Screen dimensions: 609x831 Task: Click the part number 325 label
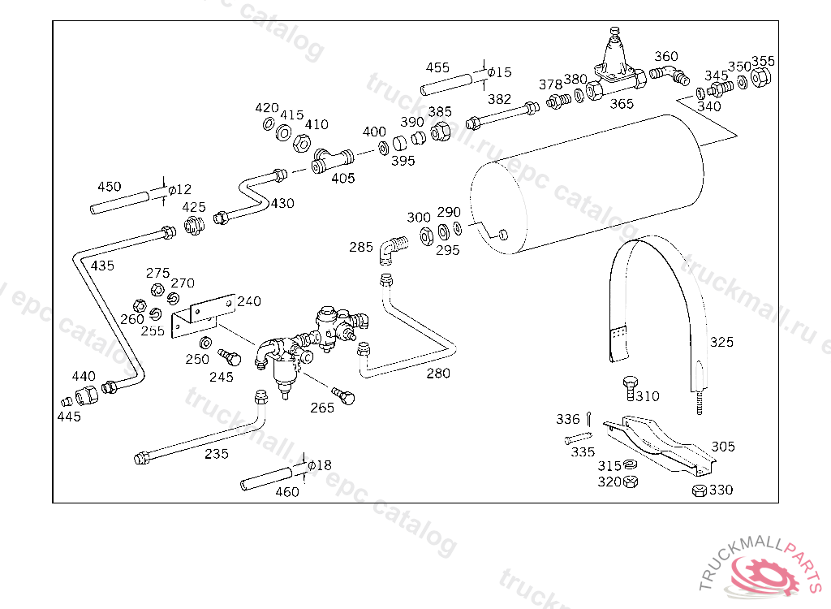(721, 342)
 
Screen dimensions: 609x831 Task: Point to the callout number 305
(723, 447)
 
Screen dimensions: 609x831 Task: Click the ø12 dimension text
(179, 190)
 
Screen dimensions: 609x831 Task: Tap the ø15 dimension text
(499, 72)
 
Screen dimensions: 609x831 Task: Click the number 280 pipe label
(439, 374)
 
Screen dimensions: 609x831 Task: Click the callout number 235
(217, 454)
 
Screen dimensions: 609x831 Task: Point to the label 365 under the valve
(622, 104)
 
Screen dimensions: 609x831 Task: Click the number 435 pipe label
(102, 266)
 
